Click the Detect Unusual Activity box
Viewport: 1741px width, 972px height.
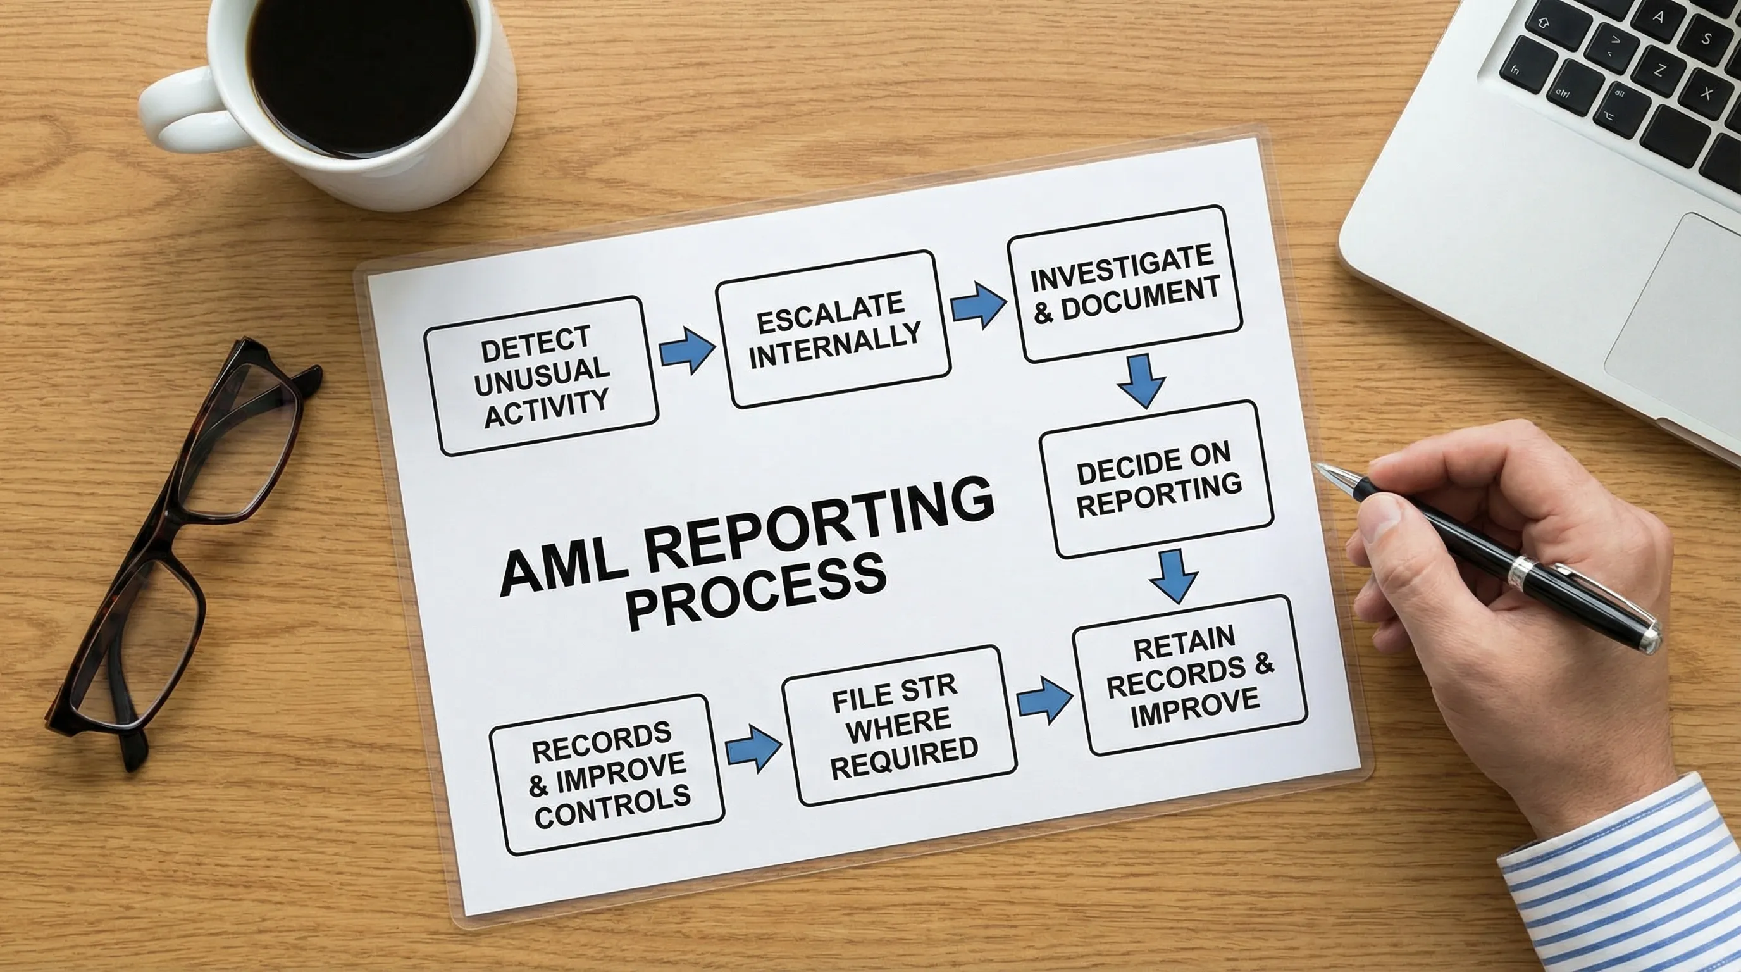click(541, 376)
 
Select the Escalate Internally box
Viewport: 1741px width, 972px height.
click(833, 329)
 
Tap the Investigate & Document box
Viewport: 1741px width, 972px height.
click(1125, 284)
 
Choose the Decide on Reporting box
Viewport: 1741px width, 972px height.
click(1156, 479)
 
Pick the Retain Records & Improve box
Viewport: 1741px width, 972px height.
click(1189, 675)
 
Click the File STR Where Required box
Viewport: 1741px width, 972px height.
click(899, 726)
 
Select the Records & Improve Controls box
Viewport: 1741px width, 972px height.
click(606, 775)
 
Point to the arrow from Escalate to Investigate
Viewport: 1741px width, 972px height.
click(977, 306)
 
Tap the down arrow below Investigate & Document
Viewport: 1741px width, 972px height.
click(1141, 381)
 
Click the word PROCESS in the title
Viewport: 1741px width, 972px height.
click(755, 589)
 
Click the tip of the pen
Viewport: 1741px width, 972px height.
click(1318, 467)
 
